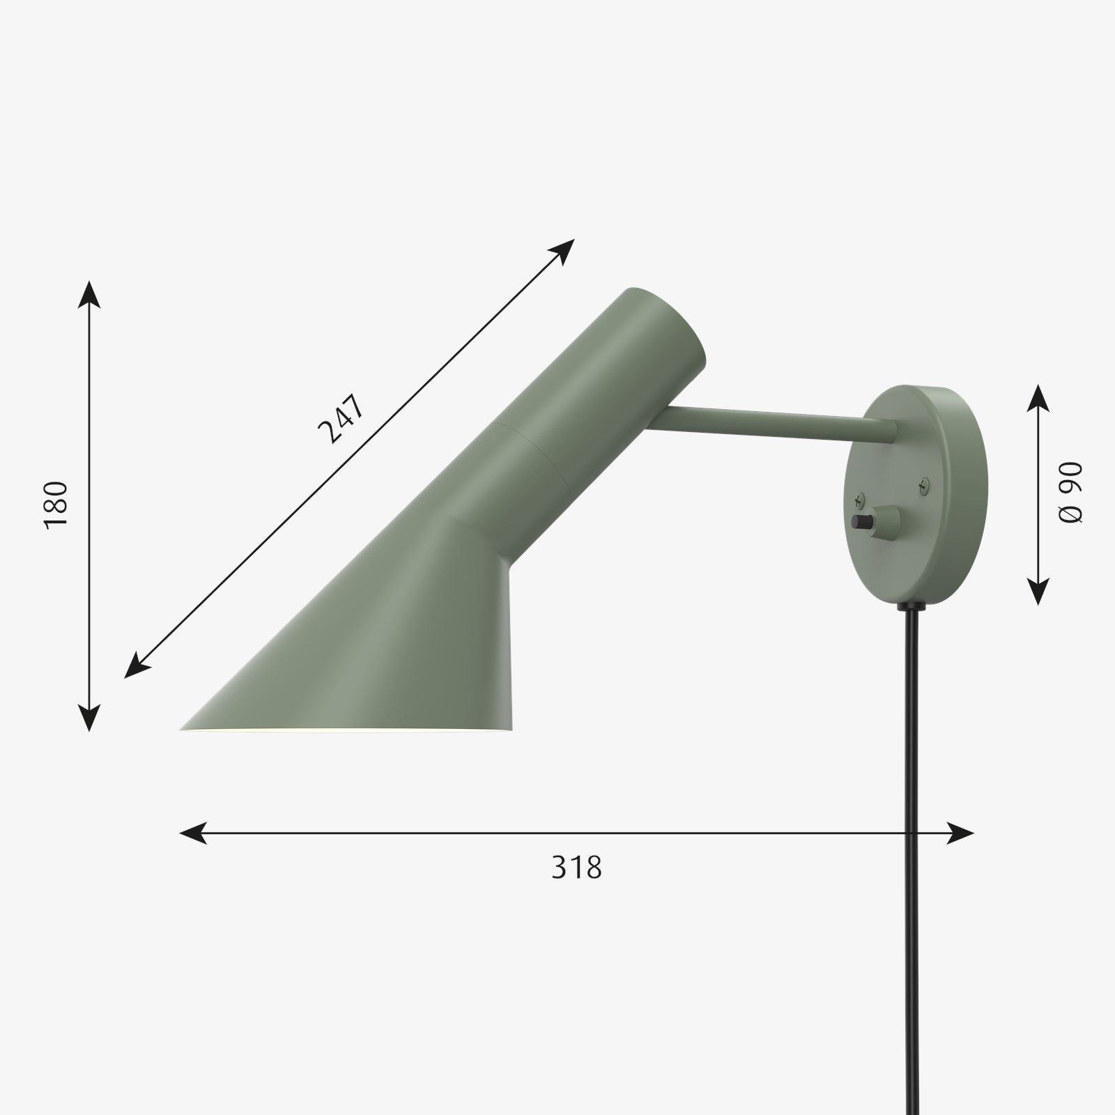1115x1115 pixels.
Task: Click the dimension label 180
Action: [x=56, y=505]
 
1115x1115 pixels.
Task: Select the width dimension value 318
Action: [x=576, y=867]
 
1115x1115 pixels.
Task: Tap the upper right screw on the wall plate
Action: [x=925, y=481]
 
